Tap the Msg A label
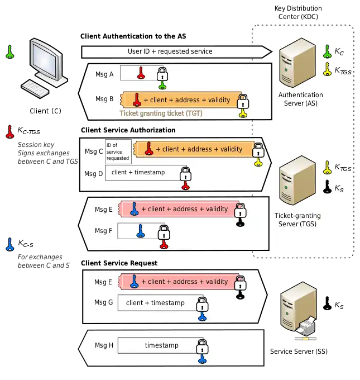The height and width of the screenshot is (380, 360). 104,73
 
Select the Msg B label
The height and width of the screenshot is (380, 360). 104,99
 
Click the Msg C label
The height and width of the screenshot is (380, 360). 94,151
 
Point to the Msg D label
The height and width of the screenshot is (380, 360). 94,173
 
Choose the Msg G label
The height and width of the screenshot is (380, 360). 104,302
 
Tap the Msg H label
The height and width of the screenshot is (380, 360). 104,345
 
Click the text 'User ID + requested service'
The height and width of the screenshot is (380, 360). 170,51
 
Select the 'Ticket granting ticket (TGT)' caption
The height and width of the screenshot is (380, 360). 160,113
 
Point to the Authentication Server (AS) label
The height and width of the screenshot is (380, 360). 300,99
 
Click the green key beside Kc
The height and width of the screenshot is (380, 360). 327,52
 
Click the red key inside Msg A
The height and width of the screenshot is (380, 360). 141,73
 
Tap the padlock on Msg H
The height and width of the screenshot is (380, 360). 203,346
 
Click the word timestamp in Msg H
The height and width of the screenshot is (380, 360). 162,345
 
